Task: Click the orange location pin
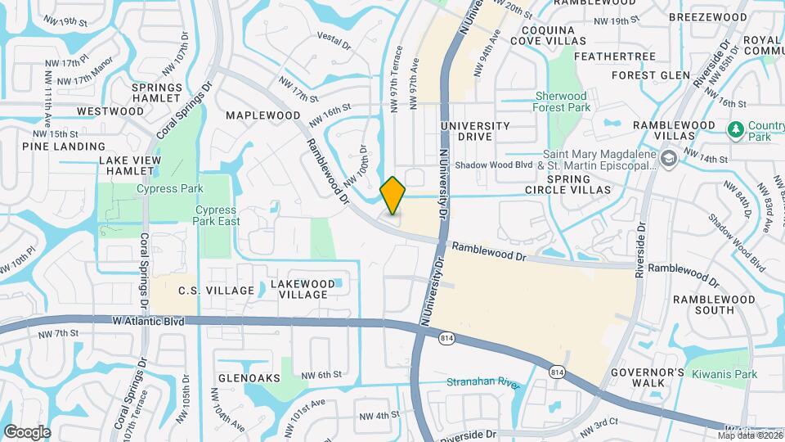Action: coord(393,195)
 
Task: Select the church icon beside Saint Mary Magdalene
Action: coord(668,158)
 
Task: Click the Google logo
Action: coord(26,431)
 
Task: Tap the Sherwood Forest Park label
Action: coord(561,101)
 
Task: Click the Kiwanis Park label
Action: coord(724,374)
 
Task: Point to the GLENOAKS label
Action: coord(249,378)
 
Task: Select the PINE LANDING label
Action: coord(52,146)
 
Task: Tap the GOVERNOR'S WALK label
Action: coord(647,377)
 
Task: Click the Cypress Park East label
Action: coord(216,214)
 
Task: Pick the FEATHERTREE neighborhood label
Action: coord(615,56)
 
